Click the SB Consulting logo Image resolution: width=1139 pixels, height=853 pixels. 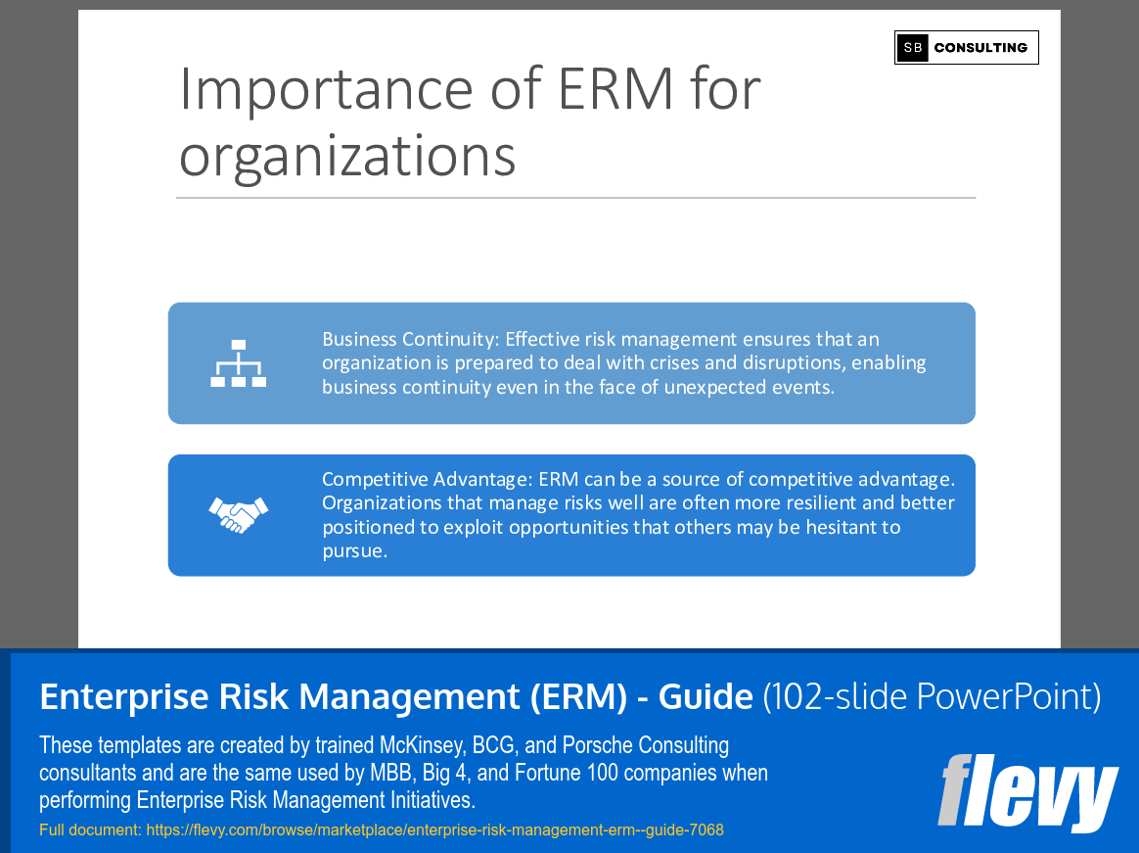tap(966, 47)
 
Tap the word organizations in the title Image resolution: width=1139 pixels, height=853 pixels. tap(347, 156)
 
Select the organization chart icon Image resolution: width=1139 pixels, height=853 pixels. tap(238, 363)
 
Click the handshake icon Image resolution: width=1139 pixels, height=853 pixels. tap(238, 514)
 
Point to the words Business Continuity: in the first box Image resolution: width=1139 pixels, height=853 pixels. tap(411, 339)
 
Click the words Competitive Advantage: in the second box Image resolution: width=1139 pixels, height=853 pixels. tap(425, 479)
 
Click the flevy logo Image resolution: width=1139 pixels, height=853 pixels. tap(1027, 792)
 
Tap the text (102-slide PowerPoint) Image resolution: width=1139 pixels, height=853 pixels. tap(932, 696)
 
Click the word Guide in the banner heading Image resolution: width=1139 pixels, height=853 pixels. tap(706, 696)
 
